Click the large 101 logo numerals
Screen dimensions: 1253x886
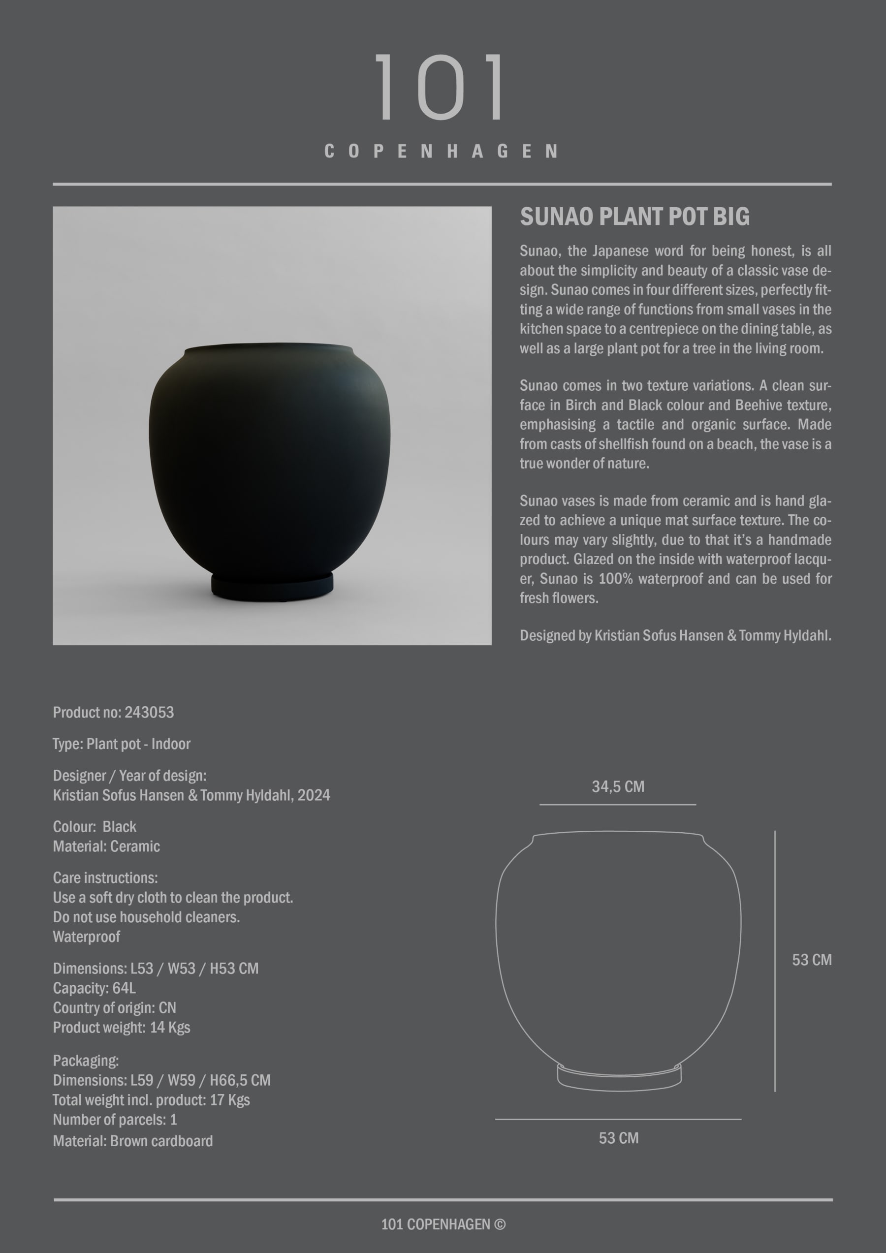(x=440, y=87)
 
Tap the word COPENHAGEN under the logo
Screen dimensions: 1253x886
(x=441, y=151)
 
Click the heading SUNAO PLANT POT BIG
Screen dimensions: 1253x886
(x=634, y=217)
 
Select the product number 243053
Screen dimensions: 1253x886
(x=149, y=712)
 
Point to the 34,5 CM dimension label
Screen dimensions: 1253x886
(x=618, y=786)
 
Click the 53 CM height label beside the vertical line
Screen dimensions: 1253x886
(x=811, y=960)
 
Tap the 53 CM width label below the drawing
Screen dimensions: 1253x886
(x=619, y=1138)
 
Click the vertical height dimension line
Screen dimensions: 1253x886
(x=775, y=961)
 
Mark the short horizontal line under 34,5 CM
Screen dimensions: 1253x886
(x=617, y=804)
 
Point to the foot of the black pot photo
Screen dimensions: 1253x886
(x=272, y=587)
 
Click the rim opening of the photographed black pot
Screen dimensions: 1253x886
(x=269, y=347)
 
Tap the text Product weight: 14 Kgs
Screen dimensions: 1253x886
(x=121, y=1027)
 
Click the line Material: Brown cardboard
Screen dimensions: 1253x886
(x=133, y=1141)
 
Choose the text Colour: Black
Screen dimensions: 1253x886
(x=95, y=827)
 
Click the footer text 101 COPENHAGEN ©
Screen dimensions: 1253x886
(x=443, y=1224)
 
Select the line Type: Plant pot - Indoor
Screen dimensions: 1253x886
(x=121, y=744)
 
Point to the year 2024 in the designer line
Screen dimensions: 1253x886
(x=314, y=795)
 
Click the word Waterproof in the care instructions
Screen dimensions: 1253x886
(x=86, y=937)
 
